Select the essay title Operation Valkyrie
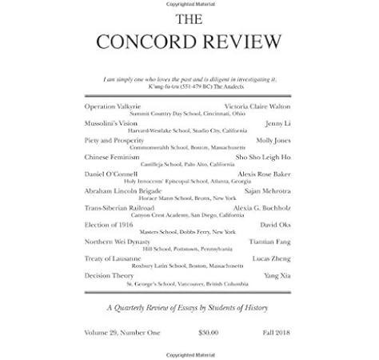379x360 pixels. [x=112, y=106]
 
